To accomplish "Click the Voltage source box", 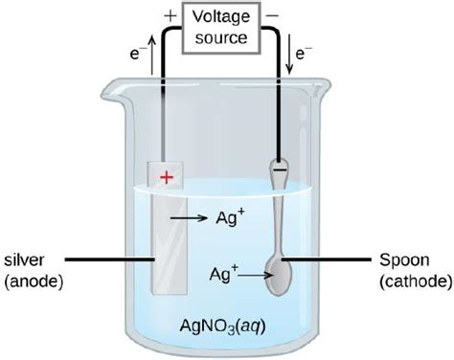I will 222,28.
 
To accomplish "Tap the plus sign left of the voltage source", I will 170,16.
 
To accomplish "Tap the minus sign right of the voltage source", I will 273,16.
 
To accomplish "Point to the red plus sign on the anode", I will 168,176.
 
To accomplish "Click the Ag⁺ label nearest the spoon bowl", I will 221,273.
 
